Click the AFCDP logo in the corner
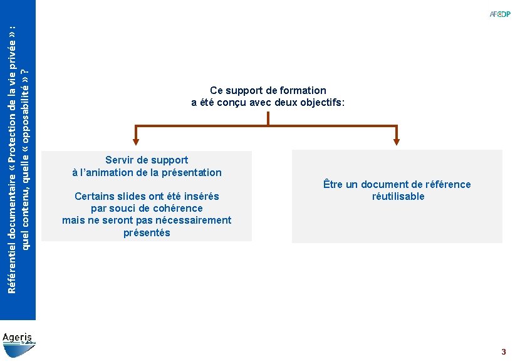pos(500,14)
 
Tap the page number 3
pos(503,352)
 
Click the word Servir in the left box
pos(120,160)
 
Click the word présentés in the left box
pos(147,233)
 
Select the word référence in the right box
pos(447,184)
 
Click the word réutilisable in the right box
pos(398,197)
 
